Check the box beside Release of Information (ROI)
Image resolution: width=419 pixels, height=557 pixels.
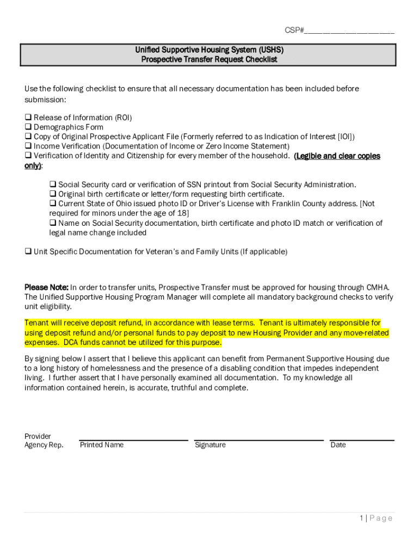click(28, 117)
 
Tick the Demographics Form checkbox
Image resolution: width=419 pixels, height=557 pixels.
click(28, 127)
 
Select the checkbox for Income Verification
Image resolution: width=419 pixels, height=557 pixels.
click(28, 146)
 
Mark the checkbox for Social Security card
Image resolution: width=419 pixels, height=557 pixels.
click(53, 185)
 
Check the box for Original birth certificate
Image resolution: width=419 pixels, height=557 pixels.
click(53, 194)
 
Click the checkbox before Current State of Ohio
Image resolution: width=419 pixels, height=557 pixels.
click(53, 204)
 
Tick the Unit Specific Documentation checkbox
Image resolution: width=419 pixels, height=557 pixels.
click(28, 252)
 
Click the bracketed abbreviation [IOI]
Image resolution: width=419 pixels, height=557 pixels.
click(346, 137)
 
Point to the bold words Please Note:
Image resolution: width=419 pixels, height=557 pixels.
click(46, 287)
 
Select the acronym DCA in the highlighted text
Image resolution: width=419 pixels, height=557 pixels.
click(71, 343)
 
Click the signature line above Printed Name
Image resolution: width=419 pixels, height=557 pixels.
click(133, 440)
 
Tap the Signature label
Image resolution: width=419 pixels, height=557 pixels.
click(210, 445)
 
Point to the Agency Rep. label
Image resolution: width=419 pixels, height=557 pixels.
click(44, 445)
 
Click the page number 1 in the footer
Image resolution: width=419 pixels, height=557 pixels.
click(361, 518)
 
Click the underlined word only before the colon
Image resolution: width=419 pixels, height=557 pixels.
click(32, 165)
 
